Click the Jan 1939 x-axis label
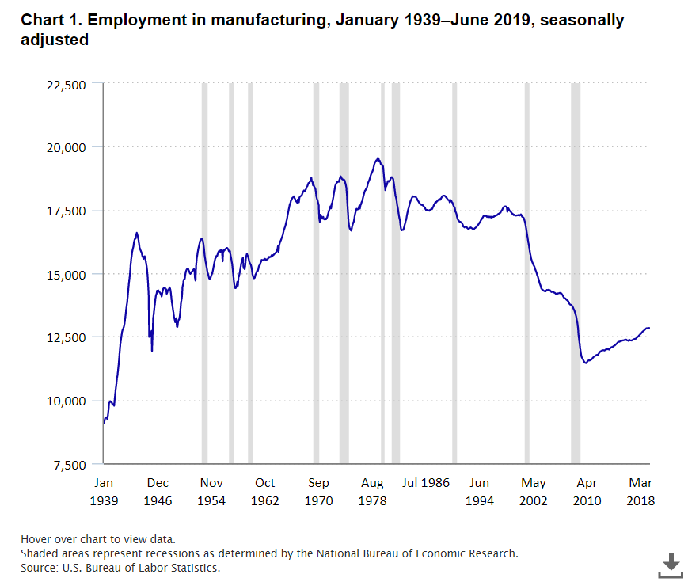pos(104,492)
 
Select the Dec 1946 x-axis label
pos(158,492)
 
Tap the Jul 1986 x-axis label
pos(426,482)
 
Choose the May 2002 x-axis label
pos(534,492)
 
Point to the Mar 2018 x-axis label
pos(640,492)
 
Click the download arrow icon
pos(670,565)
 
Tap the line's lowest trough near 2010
pos(585,363)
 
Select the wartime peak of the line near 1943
pos(136,233)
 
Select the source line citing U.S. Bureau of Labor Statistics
pos(120,568)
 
